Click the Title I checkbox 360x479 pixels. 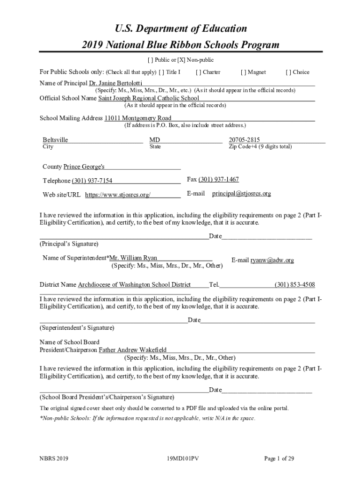tap(161, 72)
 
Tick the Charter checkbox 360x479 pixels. tap(198, 72)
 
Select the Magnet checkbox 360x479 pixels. tap(243, 72)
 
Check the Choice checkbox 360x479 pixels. tap(288, 72)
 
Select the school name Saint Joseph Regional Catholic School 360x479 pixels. tap(149, 98)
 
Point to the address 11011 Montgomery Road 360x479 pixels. tap(137, 118)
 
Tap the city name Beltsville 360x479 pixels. tap(55, 140)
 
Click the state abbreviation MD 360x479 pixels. tap(154, 140)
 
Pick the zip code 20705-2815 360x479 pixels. tap(245, 140)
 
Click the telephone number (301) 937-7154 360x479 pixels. tap(92, 181)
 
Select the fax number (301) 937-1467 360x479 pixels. tap(219, 180)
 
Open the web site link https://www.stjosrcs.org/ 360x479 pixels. tap(118, 195)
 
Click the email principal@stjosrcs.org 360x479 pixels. tap(241, 193)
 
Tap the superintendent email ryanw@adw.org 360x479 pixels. tap(272, 260)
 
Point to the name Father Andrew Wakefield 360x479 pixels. tap(132, 350)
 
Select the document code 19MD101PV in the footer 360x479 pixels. tap(180, 459)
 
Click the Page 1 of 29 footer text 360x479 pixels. tap(279, 459)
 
